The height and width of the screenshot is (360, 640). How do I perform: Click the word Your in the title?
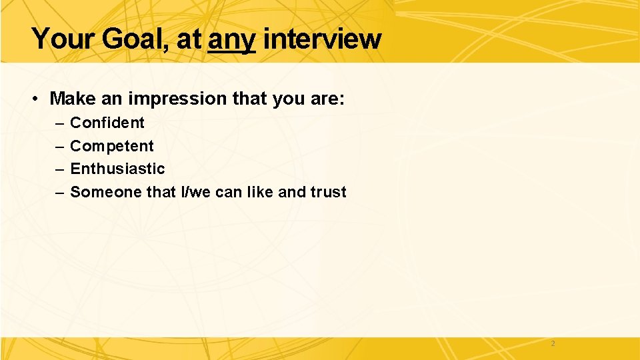63,39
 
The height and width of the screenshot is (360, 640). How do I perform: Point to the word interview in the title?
322,39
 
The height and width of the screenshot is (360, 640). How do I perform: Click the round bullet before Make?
34,99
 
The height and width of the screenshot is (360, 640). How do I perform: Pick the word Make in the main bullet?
73,99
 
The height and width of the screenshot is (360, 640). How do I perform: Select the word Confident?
107,123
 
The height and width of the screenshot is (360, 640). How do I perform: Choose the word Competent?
111,146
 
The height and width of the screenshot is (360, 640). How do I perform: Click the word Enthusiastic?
117,169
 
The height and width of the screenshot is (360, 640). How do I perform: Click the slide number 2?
553,344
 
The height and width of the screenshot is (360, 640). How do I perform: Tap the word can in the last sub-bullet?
229,192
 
